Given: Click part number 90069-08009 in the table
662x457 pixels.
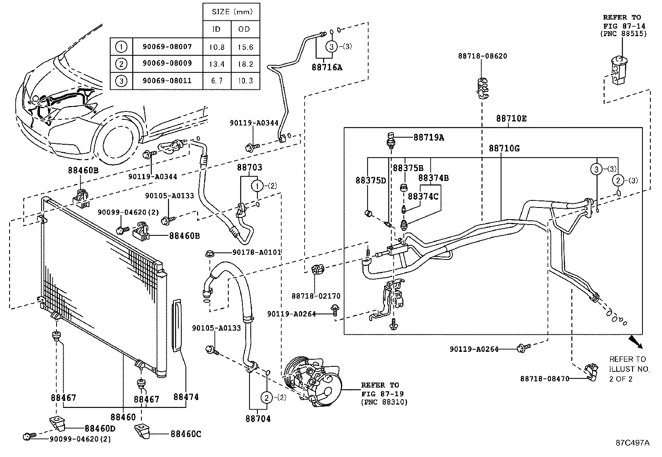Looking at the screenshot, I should (x=167, y=64).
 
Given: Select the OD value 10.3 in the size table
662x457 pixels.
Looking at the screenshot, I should (x=245, y=81).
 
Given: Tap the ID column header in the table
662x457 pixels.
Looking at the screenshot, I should (x=216, y=29).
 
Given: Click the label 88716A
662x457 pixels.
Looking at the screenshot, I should (x=327, y=67).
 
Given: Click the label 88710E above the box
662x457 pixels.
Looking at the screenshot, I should (x=511, y=119).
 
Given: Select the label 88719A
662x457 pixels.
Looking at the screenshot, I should (x=428, y=137).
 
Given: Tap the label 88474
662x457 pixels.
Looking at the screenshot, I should (x=186, y=397).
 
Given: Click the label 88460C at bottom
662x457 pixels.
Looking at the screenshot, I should (x=185, y=434).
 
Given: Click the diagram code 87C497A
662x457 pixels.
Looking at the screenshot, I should (x=632, y=443).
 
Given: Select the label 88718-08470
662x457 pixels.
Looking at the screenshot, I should (x=544, y=378).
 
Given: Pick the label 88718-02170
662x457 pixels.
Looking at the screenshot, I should (x=316, y=296).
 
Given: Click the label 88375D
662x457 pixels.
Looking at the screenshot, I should (x=371, y=180).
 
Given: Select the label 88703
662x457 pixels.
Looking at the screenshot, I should (x=249, y=168).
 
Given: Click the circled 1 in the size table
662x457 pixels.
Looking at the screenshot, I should (x=121, y=47).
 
